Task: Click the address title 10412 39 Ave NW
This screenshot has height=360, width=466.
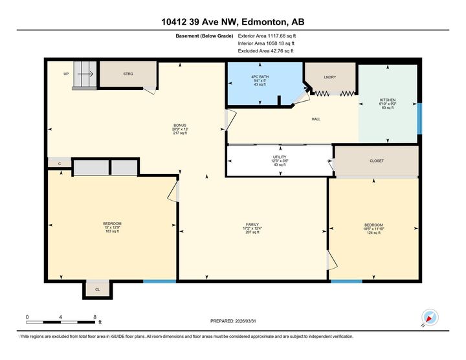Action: coord(233,21)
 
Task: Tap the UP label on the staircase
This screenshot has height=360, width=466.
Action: coord(66,74)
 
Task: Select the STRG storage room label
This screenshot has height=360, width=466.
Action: coord(128,74)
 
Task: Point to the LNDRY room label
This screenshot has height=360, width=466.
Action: coord(329,77)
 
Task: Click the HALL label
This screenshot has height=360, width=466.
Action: coord(316,119)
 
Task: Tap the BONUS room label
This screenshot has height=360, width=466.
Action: coord(180,126)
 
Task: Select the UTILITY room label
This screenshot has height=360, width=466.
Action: coord(279,157)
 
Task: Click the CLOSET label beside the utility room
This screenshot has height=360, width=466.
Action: coord(376,161)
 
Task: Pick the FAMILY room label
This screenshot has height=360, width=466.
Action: coord(252,223)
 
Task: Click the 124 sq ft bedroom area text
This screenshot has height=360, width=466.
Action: coord(373,232)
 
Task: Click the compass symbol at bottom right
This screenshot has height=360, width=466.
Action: coord(430,318)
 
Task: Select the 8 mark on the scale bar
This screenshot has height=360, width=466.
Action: coord(94,317)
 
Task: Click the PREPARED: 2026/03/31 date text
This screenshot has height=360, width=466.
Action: coord(238,321)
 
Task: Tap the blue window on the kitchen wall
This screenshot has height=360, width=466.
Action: coord(419,117)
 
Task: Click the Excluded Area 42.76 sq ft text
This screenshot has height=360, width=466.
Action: coord(266,51)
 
